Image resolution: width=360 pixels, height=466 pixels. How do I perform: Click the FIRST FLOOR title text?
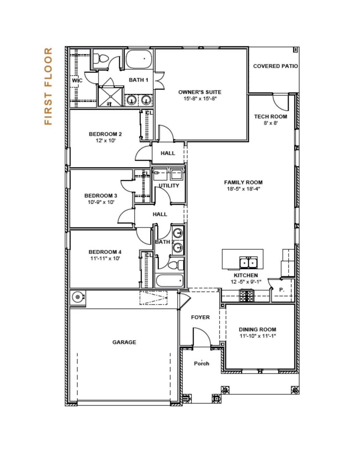click(48, 86)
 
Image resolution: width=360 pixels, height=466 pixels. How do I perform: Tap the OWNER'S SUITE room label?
click(200, 92)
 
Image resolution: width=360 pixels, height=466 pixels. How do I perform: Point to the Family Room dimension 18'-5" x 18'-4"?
click(243, 189)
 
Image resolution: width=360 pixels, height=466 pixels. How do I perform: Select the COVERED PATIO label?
click(275, 66)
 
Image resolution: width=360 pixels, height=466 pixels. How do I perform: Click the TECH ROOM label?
click(271, 117)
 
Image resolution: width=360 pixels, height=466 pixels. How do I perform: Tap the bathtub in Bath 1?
click(139, 59)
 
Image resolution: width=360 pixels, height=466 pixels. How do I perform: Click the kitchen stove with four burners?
click(246, 296)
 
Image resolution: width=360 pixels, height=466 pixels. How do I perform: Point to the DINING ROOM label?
click(257, 329)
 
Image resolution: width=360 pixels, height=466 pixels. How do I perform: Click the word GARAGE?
click(124, 342)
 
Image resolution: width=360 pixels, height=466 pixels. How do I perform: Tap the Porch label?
click(202, 364)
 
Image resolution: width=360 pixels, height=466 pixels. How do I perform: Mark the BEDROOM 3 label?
click(101, 196)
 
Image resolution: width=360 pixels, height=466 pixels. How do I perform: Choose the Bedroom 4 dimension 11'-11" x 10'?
click(105, 258)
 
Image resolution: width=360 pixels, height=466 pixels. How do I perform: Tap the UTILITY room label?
click(169, 186)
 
